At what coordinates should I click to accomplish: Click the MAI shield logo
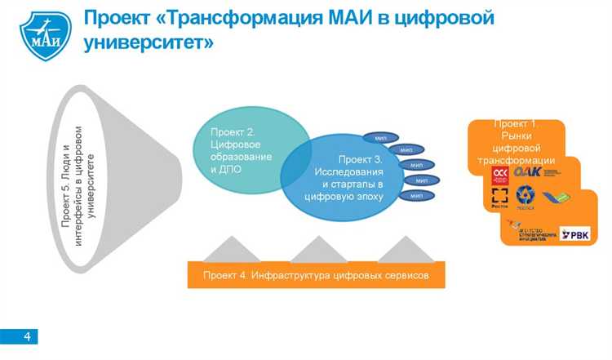click(45, 34)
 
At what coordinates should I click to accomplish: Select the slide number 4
click(27, 336)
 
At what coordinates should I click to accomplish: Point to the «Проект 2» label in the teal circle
click(233, 132)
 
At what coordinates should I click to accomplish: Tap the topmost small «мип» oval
click(380, 136)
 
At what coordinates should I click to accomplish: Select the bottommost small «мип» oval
click(416, 196)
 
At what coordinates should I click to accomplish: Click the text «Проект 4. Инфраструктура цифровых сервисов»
click(315, 276)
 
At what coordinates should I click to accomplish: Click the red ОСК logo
click(500, 176)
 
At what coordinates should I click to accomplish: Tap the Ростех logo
click(499, 199)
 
